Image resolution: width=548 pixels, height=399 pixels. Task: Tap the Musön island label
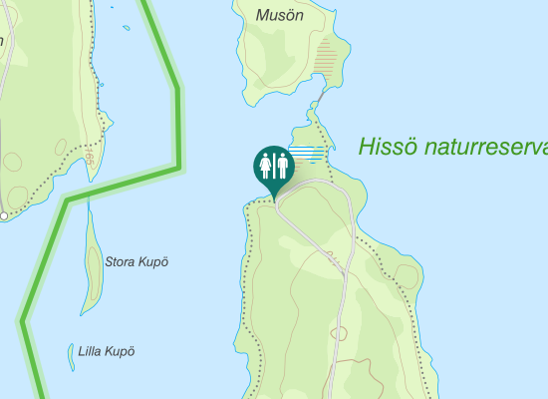[278, 15]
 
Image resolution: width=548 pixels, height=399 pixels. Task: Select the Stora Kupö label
[137, 262]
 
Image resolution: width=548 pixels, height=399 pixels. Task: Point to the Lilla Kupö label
[106, 351]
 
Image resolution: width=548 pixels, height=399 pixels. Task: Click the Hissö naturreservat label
[453, 148]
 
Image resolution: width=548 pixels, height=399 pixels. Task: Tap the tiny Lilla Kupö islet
[71, 356]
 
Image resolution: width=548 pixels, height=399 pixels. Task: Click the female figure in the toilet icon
[266, 165]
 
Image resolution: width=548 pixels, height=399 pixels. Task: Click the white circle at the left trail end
[4, 214]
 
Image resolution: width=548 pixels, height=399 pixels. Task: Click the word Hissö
[388, 148]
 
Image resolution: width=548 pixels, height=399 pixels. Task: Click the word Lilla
[92, 351]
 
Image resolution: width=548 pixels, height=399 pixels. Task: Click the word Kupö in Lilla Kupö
[121, 351]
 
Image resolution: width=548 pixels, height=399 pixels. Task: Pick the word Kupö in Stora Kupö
[152, 262]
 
